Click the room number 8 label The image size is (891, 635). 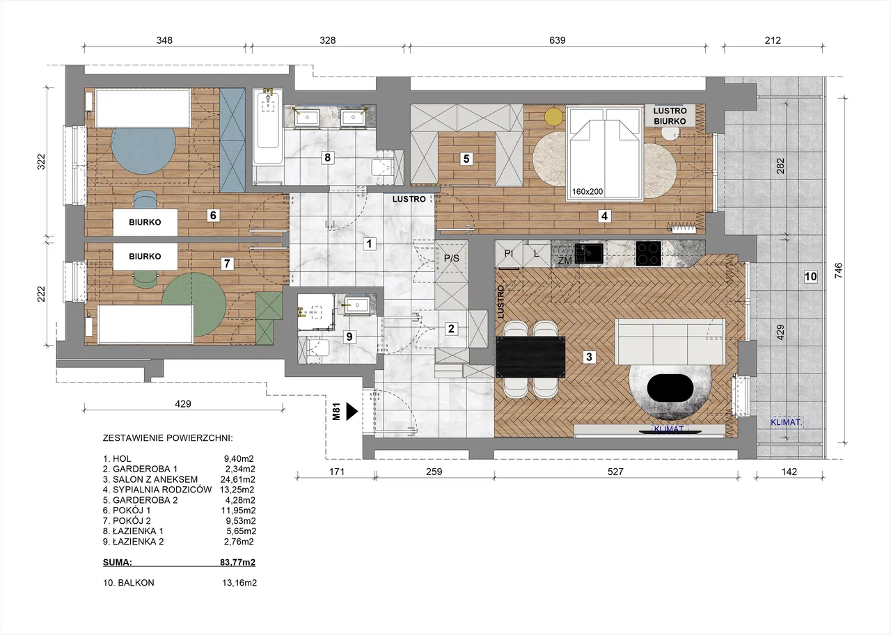click(327, 157)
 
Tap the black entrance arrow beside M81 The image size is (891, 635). click(352, 412)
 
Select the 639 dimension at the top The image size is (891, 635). click(557, 40)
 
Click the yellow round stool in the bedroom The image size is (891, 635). click(553, 117)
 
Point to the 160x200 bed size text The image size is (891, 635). click(588, 191)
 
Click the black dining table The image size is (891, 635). click(530, 357)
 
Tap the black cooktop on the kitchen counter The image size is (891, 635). click(648, 254)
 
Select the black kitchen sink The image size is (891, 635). click(589, 253)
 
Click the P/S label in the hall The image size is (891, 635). click(452, 258)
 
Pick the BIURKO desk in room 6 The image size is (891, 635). click(145, 222)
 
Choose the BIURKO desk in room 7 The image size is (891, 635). click(145, 257)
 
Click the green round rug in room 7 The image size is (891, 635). click(194, 304)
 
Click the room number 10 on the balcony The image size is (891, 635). click(811, 276)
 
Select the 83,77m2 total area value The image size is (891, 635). click(237, 562)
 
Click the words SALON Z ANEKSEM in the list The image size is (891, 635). click(155, 479)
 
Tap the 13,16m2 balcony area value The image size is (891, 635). click(239, 583)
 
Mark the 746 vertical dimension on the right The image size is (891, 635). click(839, 271)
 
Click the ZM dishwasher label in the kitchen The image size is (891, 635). click(565, 261)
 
